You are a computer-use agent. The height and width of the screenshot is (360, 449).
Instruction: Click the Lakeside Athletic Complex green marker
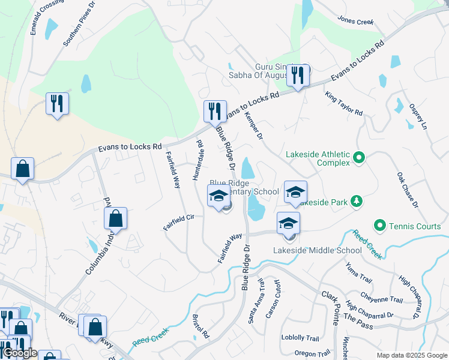tap(359, 158)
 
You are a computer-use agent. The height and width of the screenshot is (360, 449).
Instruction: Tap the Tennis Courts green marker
tap(379, 226)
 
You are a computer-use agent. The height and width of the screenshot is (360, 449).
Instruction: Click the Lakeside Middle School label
tap(309, 250)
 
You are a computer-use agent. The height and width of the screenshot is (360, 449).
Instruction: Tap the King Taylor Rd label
tap(344, 104)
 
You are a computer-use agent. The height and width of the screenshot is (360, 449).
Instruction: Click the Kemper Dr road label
tap(255, 128)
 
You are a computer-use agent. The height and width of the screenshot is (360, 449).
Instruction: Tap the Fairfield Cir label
tap(179, 222)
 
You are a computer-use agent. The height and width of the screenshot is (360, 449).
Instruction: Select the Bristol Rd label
tap(200, 326)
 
